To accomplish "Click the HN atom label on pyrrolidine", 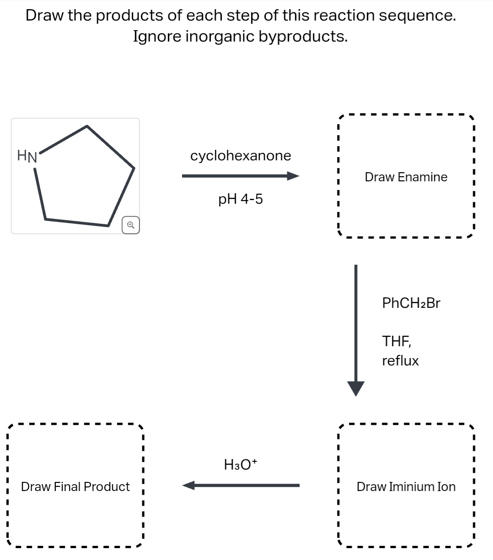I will point(27,157).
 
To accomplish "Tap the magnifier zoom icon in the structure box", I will point(130,225).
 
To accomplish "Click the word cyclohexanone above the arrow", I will point(241,156).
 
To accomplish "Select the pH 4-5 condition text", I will point(241,199).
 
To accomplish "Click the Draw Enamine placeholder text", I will point(406,177).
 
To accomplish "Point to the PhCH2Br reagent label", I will point(411,303).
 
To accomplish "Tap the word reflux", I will point(400,361).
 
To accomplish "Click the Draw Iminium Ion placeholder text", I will point(406,487).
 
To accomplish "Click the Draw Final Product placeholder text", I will point(75,487).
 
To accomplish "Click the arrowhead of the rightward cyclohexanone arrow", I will point(293,176).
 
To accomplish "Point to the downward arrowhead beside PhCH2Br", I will point(355,388).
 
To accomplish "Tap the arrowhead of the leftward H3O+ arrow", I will point(189,485).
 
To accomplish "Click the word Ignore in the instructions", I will point(157,37).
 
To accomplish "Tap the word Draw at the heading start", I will point(44,16).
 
